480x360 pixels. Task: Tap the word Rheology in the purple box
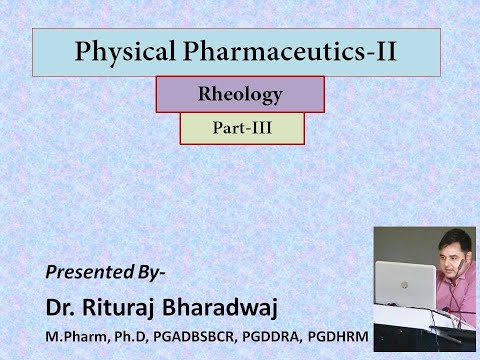pos(240,96)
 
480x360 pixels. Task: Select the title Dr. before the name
pos(61,302)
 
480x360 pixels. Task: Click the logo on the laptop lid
pos(404,284)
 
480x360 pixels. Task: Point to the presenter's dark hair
pos(456,238)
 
